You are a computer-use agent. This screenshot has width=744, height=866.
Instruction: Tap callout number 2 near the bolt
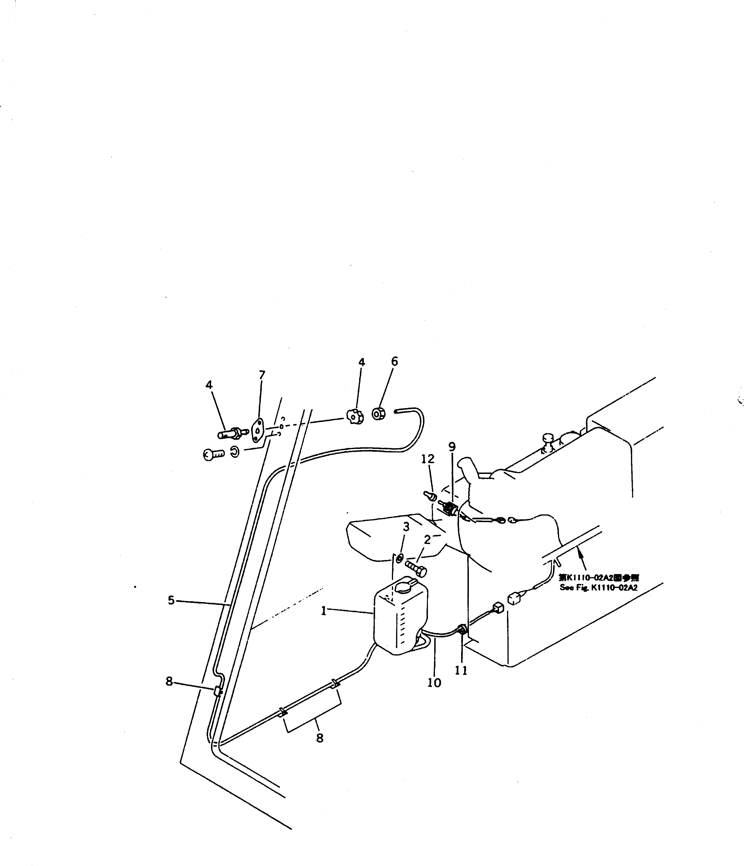pyautogui.click(x=427, y=540)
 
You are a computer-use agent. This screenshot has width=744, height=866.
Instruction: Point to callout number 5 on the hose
pyautogui.click(x=171, y=600)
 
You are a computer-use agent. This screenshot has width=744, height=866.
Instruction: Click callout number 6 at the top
pyautogui.click(x=394, y=361)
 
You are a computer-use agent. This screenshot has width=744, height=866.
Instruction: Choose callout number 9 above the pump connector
pyautogui.click(x=452, y=447)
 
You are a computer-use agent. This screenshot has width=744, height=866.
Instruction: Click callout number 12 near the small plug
pyautogui.click(x=428, y=459)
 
